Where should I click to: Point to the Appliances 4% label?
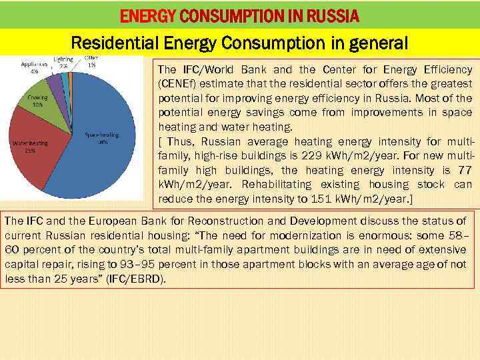point(33,68)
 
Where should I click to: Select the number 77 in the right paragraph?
point(463,170)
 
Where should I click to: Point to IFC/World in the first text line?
point(202,70)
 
